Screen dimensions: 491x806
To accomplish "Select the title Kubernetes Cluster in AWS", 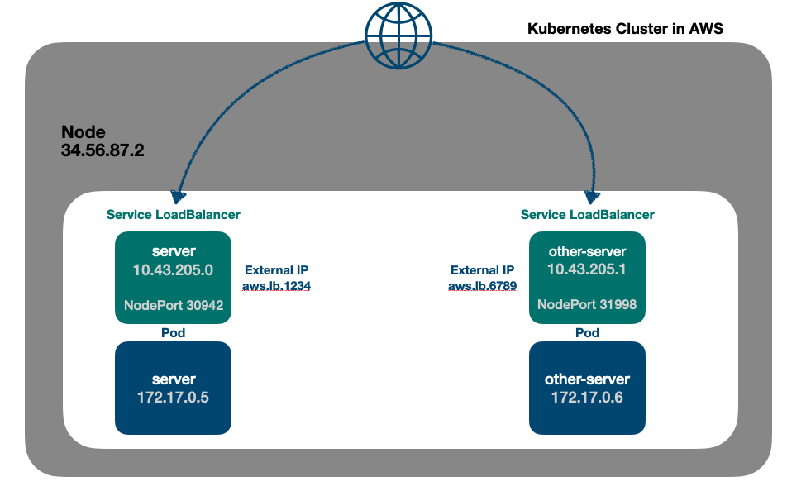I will point(625,29).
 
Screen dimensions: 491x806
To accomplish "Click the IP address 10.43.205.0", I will point(174,269).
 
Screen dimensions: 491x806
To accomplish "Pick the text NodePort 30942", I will point(174,305).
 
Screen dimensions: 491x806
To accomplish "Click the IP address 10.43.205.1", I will point(587,269).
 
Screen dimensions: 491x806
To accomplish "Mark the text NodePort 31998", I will point(587,305).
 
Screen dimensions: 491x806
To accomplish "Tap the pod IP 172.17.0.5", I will point(174,397).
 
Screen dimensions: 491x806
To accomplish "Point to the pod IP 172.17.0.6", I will point(587,397).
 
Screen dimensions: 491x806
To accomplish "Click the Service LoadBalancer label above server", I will point(174,215).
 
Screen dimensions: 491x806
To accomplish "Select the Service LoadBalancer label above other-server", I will point(587,215).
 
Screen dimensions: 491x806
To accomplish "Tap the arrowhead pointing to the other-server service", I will point(592,197).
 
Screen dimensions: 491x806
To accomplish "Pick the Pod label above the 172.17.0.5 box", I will point(173,333).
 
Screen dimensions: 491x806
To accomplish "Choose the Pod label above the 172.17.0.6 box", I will point(587,333).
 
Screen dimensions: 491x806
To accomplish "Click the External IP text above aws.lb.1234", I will point(277,270).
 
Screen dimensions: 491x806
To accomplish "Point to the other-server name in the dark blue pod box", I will point(587,379).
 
